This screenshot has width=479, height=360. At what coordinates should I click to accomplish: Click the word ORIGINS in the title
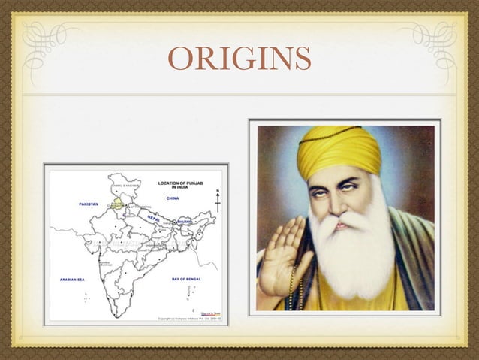point(239,58)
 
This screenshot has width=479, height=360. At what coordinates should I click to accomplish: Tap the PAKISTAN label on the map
point(89,204)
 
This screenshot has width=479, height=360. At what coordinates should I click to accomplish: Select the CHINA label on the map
point(172,198)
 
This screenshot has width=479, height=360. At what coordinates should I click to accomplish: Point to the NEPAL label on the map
point(153,216)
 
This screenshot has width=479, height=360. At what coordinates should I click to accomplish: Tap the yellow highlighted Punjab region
point(117,203)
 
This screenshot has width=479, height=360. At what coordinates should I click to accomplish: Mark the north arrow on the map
point(218,201)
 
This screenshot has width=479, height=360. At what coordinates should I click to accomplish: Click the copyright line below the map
point(189,319)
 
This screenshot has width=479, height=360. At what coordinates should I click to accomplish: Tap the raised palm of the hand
point(281,252)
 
